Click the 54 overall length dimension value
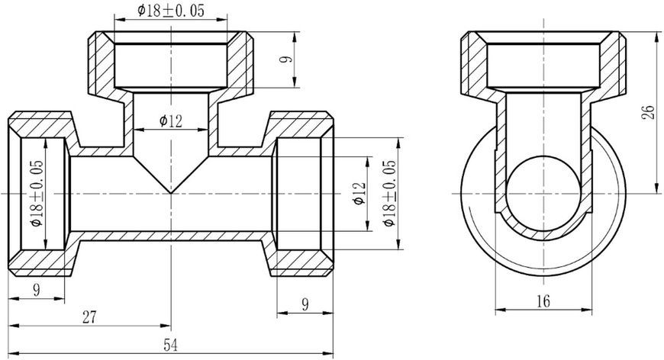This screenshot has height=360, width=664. (x=171, y=346)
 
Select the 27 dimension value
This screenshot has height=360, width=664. (x=89, y=317)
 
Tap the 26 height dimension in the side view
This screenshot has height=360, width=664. (x=648, y=113)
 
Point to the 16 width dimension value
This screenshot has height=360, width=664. (x=543, y=301)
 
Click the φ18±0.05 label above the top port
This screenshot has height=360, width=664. (x=171, y=11)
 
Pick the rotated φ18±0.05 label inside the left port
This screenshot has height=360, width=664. (x=37, y=193)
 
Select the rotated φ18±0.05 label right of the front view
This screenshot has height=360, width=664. (x=389, y=193)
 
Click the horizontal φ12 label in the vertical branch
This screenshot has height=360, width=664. (x=171, y=121)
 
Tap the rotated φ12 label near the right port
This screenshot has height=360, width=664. (x=359, y=193)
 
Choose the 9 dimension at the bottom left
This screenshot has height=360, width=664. (x=37, y=290)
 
